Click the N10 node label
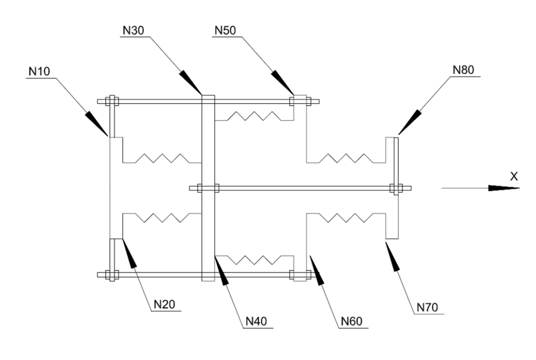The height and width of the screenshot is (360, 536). coord(39,71)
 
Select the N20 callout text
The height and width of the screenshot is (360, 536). coord(164,305)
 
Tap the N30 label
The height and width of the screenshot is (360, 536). coord(133,30)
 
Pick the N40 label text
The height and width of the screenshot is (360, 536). coord(256,321)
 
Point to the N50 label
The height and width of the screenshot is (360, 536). coord(225,30)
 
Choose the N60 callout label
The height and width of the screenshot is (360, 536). coord(352,321)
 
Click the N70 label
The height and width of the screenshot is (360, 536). coord(427,308)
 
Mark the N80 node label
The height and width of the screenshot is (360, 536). coord(463,70)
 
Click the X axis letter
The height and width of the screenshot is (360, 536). coord(514,176)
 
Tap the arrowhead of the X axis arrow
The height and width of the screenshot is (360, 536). coord(504,188)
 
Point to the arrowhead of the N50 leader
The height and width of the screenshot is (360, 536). coord(283,82)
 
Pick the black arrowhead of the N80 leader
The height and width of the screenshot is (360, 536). coord(409,122)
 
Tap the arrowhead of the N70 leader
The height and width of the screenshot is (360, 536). coord(393,256)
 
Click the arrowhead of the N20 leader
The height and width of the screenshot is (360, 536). coord(129,253)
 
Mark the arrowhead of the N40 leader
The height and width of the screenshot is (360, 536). coord(221,270)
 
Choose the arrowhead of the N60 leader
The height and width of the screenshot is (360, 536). coord(317,270)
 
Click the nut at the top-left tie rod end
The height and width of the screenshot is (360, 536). coord(112,102)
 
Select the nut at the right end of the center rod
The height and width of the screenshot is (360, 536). coord(396,188)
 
